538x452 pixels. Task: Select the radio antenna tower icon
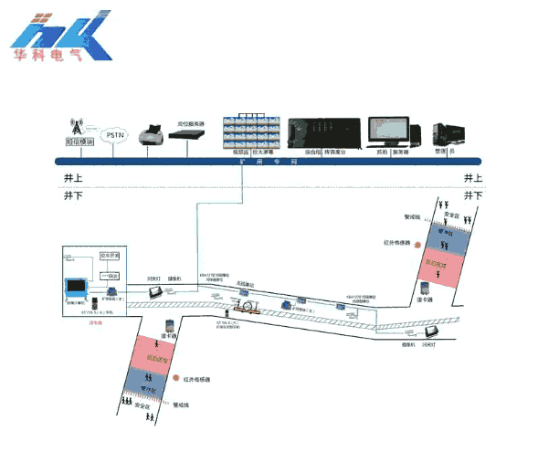tap(79, 125)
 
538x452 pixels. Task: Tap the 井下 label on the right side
tap(472, 195)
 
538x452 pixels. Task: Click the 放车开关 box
tap(110, 256)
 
